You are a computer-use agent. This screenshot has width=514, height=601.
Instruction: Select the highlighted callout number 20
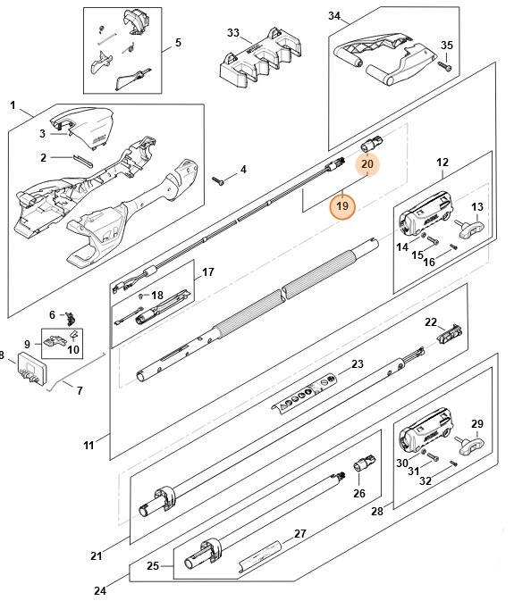(367, 163)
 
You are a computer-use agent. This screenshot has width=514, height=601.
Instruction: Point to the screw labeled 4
(220, 179)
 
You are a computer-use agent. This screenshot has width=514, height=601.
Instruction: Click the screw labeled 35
(445, 64)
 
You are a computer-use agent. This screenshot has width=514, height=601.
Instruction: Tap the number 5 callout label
(177, 42)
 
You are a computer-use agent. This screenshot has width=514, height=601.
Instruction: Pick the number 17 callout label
(207, 271)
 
